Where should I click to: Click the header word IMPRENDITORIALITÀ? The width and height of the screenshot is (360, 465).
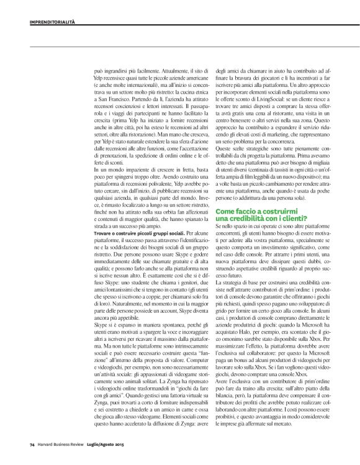click(52, 22)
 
